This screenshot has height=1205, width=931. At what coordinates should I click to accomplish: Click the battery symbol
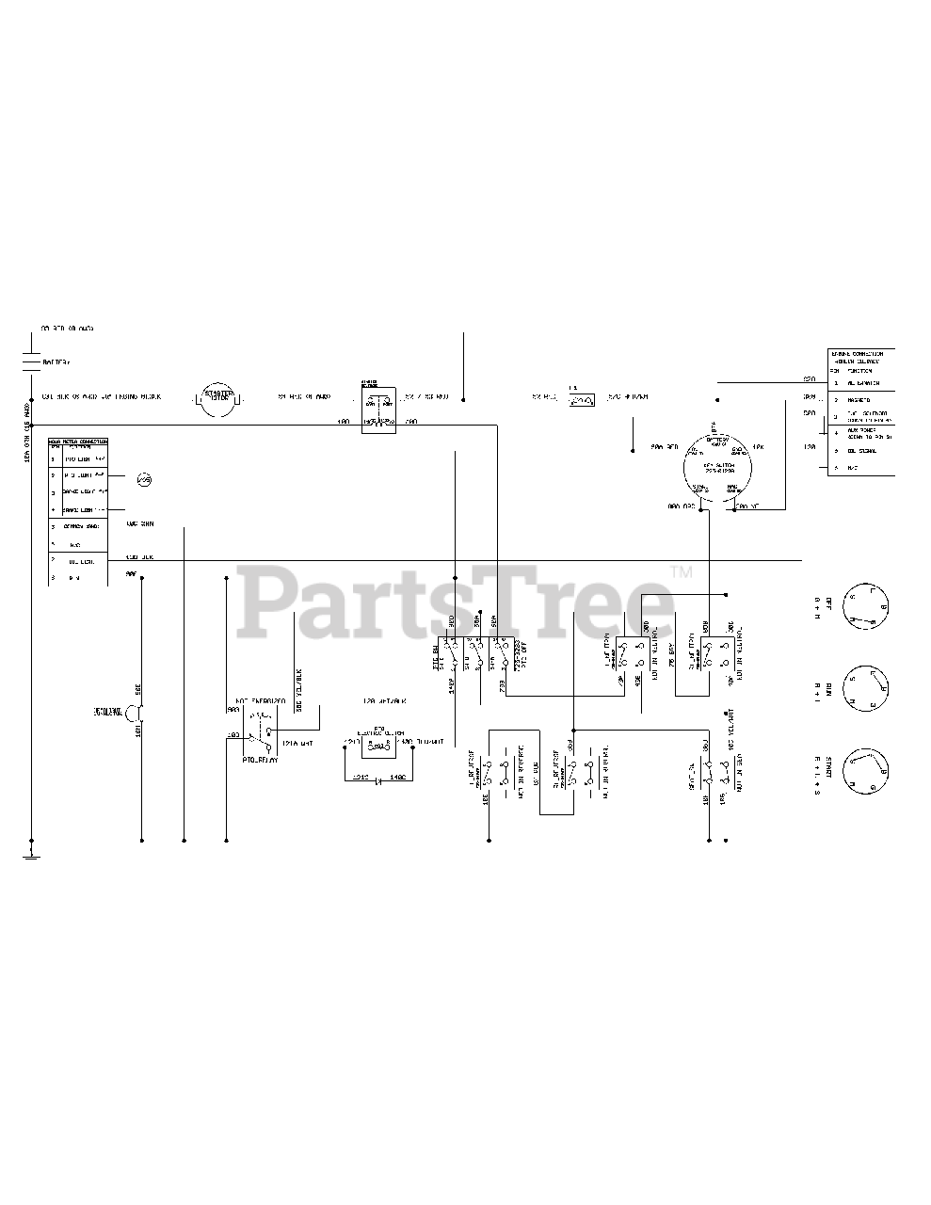coord(33,360)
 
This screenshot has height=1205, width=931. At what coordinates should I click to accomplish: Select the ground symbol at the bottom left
coord(32,856)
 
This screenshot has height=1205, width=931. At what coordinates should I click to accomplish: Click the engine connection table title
coord(859,358)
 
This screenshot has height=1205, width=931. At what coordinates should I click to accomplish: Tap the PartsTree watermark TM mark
coord(681,572)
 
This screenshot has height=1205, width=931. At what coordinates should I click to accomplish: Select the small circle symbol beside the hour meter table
coord(144,480)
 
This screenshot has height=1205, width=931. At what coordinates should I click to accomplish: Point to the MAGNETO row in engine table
coord(859,399)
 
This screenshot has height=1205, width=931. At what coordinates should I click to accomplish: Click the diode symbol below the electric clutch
coord(378,779)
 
